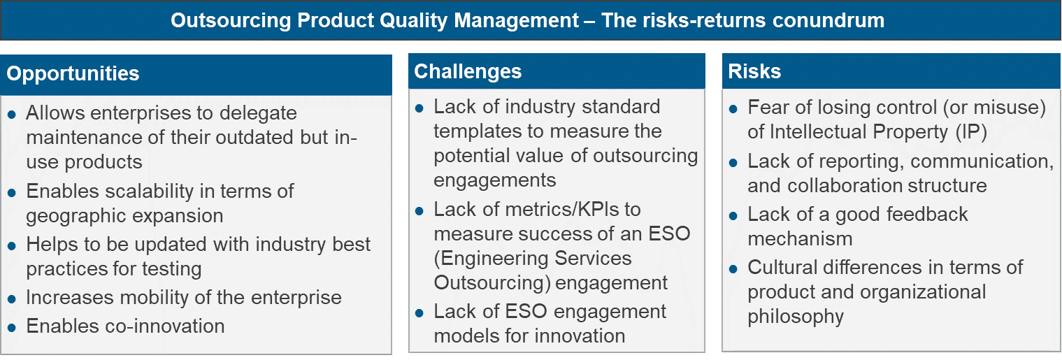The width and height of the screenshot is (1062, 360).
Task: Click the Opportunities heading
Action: (73, 74)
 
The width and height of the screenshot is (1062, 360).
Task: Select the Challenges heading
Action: (468, 71)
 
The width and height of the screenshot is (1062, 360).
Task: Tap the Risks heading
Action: (754, 71)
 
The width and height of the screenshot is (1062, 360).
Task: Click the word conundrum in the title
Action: (828, 20)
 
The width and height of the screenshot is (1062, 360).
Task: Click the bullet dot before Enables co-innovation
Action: (12, 328)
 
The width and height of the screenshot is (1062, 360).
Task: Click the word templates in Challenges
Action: (477, 131)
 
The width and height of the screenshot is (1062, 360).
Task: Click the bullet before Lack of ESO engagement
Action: (419, 313)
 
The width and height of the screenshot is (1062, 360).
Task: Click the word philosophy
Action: (796, 317)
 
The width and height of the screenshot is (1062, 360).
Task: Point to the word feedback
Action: (926, 215)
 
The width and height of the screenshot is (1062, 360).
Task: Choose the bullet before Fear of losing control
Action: (733, 109)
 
